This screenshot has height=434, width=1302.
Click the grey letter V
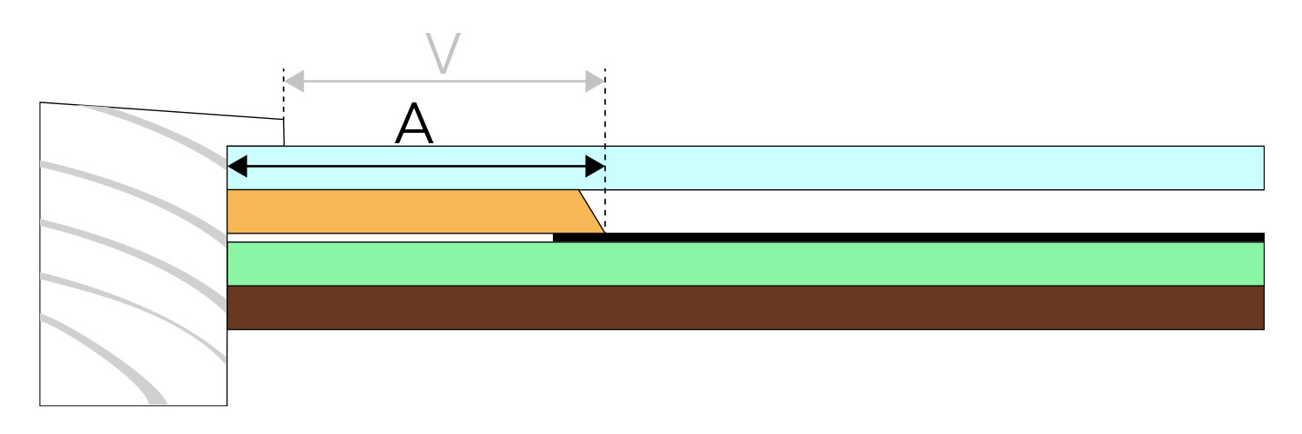point(443,54)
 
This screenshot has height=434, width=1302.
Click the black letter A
point(414,124)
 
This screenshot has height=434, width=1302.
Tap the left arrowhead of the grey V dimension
point(294,82)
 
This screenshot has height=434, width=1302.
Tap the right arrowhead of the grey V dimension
point(595,82)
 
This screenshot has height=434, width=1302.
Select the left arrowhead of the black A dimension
point(237,166)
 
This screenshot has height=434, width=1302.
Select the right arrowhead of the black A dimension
point(595,166)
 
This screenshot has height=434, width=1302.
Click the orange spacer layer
point(407,212)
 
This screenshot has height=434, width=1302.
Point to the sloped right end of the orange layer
point(592,212)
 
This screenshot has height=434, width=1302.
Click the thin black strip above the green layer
point(909,237)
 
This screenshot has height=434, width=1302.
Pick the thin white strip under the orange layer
point(390,238)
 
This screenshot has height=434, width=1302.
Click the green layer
point(746,264)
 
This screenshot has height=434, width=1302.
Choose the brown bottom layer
point(746,308)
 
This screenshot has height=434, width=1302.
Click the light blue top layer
point(746,168)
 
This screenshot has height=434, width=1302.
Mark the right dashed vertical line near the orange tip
point(605,150)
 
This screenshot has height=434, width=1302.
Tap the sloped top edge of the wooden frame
point(161,111)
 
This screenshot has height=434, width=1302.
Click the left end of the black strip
point(554,237)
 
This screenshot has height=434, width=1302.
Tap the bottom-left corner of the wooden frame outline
point(40,405)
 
